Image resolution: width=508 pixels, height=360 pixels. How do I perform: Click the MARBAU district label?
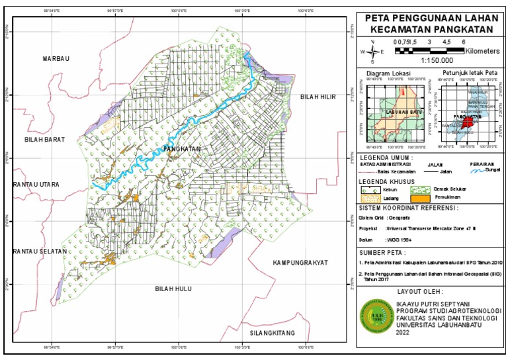click(56, 59)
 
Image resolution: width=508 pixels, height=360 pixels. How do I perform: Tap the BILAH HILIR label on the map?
click(318, 97)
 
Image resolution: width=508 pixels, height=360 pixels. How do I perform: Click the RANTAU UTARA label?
click(36, 184)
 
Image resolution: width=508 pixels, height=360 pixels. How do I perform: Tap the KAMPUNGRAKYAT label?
click(300, 263)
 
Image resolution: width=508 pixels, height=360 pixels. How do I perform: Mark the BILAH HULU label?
click(173, 289)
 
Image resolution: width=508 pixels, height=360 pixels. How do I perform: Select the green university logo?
click(374, 318)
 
